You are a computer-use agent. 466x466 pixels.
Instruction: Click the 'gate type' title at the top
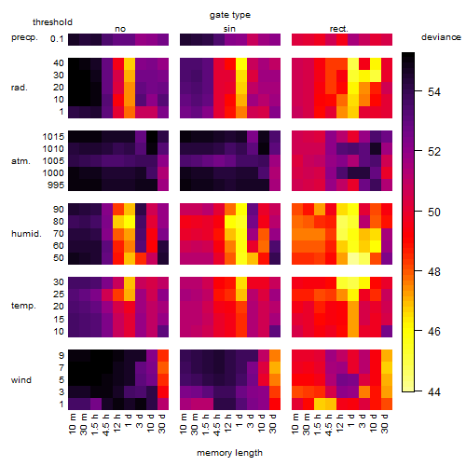pos(230,15)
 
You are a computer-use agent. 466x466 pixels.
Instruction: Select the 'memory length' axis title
pos(229,453)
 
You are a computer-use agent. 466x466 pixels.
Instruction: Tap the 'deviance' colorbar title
pos(441,37)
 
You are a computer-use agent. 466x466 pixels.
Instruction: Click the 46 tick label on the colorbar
pos(434,332)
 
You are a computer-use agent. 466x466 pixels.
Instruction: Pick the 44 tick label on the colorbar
pos(434,392)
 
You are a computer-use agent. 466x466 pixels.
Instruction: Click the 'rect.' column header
pos(339,29)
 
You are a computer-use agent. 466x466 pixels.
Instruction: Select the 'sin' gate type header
pos(229,29)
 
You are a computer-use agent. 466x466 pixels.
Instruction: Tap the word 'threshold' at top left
pos(52,22)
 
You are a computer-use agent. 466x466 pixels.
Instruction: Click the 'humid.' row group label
pos(26,234)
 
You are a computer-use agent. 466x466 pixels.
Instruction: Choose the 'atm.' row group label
pos(21,161)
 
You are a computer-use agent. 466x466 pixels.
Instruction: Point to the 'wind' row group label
pos(21,380)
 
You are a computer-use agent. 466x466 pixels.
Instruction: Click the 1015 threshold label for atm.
pos(53,137)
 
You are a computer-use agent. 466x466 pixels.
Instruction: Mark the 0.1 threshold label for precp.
pos(57,39)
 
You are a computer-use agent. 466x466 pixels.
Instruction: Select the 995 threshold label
pos(56,185)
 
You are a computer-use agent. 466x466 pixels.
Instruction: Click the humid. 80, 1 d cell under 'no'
pos(130,222)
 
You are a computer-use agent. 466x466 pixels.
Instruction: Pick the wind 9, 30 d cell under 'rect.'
pos(387,356)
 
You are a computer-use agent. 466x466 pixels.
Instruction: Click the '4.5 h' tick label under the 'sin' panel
pos(217,424)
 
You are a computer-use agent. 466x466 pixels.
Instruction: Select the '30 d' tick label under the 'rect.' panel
pos(385,423)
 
